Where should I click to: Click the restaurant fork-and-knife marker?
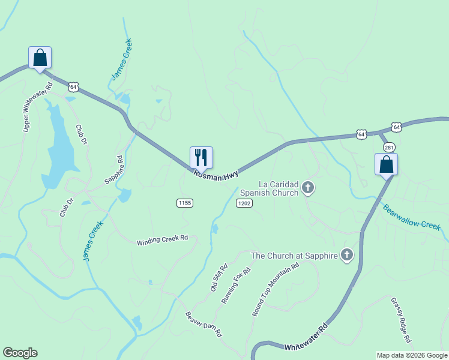pos(201,157)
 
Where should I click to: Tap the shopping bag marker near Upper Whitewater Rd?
pos(40,58)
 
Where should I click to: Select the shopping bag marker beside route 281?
pos(386,164)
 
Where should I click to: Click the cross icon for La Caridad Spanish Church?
pos(308,188)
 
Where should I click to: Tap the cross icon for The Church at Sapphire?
pos(346,256)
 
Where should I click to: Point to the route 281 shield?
pos(389,147)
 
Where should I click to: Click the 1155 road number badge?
pos(185,203)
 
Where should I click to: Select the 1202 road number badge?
pos(244,203)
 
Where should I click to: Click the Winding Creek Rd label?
pos(162,240)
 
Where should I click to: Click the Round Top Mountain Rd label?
pos(275,290)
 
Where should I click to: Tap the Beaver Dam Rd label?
pos(204,324)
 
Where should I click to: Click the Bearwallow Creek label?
pos(411,216)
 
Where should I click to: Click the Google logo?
pos(20,353)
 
